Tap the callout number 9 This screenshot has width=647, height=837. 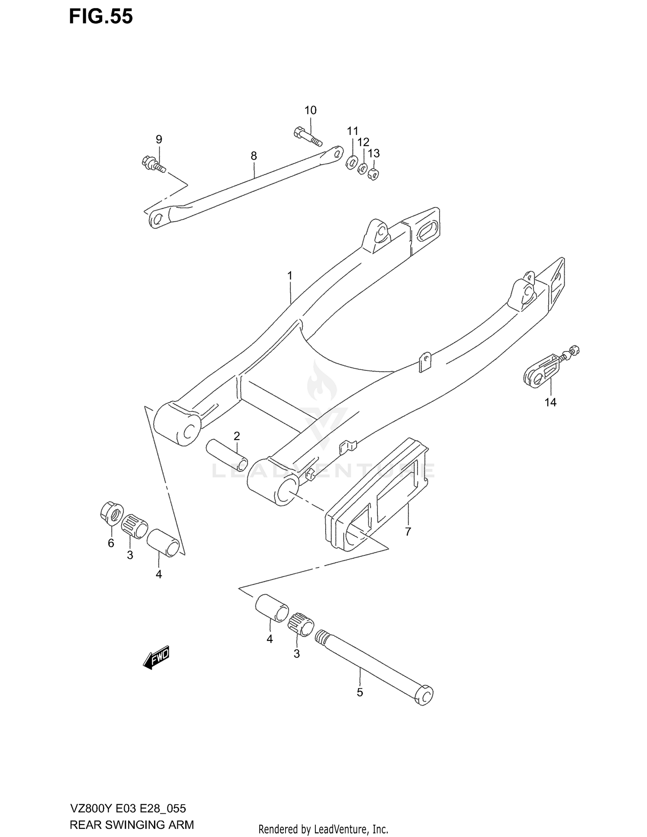point(159,139)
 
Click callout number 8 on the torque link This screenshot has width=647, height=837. point(254,156)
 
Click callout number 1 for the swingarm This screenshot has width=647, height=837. point(290,276)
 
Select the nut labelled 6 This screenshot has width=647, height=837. point(111,512)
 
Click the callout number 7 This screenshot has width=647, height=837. point(408,532)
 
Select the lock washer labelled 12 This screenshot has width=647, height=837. point(363,169)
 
